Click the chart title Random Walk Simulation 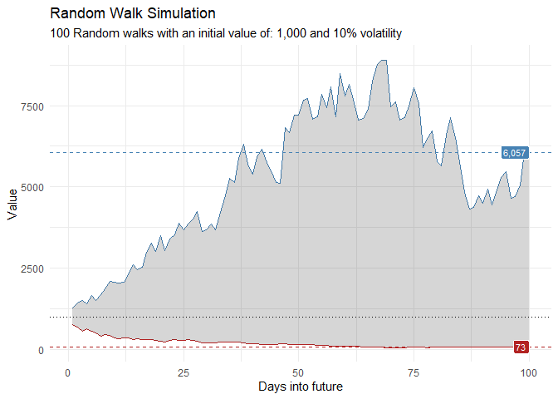[133, 14]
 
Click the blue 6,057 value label [515, 153]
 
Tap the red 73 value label [521, 347]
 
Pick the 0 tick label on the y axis [38, 350]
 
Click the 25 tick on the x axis [183, 371]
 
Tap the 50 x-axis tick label [297, 371]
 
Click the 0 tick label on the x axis [68, 371]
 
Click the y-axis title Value [12, 204]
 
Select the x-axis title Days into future [300, 387]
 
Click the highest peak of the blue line [382, 60]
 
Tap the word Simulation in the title [182, 14]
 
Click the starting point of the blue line [73, 308]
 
